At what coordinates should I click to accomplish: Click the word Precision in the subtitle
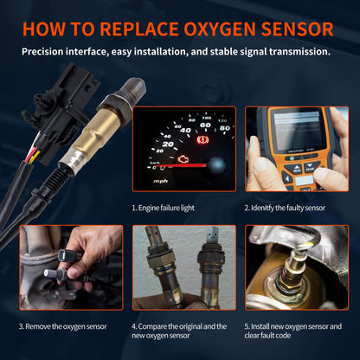click(48, 52)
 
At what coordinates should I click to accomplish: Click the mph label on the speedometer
click(160, 182)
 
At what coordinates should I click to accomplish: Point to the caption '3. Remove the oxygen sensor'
click(63, 326)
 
